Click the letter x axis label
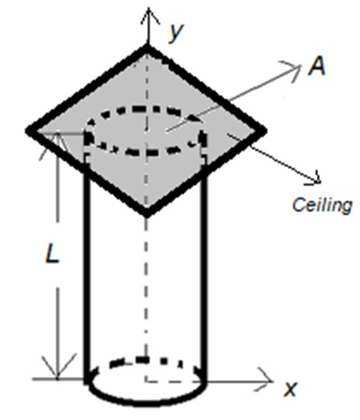(291, 389)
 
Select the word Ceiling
(322, 205)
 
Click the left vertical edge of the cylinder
(88, 274)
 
